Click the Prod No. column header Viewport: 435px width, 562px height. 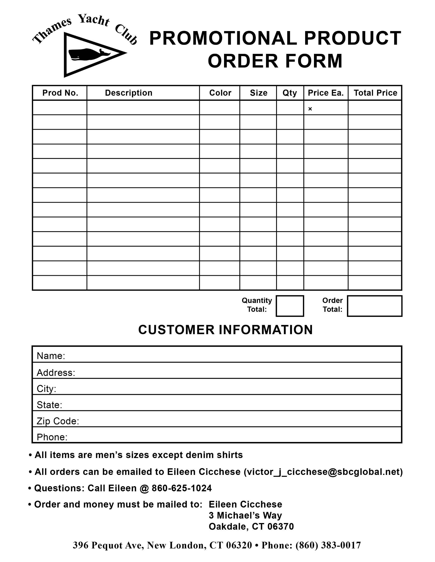(60, 93)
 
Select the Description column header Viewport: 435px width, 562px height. (129, 93)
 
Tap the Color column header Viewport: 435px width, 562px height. (220, 93)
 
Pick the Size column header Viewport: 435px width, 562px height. (259, 93)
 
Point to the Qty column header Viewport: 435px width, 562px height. (290, 93)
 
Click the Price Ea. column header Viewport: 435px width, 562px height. (326, 93)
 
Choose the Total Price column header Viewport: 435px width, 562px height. (375, 93)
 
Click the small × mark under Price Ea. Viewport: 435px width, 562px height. (310, 109)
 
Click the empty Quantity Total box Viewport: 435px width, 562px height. (290, 306)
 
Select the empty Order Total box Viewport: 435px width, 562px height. (374, 306)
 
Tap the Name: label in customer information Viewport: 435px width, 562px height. (51, 356)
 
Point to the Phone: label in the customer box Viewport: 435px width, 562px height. (52, 437)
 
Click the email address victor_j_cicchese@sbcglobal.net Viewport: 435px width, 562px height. (323, 472)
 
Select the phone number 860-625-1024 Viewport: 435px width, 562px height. (182, 488)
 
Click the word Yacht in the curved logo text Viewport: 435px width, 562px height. (94, 20)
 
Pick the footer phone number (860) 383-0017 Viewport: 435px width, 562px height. (328, 545)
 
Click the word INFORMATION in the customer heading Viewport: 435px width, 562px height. (266, 330)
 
